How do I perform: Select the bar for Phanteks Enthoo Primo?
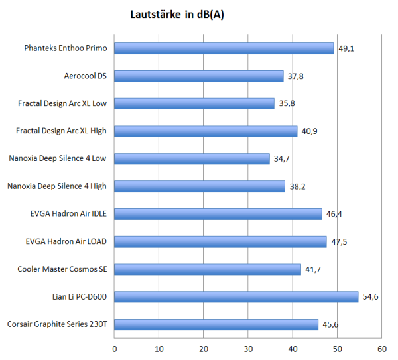pyautogui.click(x=224, y=48)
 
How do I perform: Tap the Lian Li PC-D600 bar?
pyautogui.click(x=236, y=297)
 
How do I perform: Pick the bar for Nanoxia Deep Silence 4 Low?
pyautogui.click(x=192, y=159)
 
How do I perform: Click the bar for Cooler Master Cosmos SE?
pyautogui.click(x=208, y=269)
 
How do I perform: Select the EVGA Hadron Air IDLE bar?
pyautogui.click(x=218, y=214)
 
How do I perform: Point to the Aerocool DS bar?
pyautogui.click(x=198, y=76)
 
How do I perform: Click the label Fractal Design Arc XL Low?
pyautogui.click(x=62, y=103)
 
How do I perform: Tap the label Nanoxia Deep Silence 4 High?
pyautogui.click(x=58, y=186)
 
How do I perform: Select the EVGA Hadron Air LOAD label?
pyautogui.click(x=68, y=241)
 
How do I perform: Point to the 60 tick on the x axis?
pyautogui.click(x=381, y=348)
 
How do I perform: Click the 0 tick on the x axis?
pyautogui.click(x=115, y=348)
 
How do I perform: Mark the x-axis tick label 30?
pyautogui.click(x=248, y=348)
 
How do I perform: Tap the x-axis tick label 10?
pyautogui.click(x=159, y=348)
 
